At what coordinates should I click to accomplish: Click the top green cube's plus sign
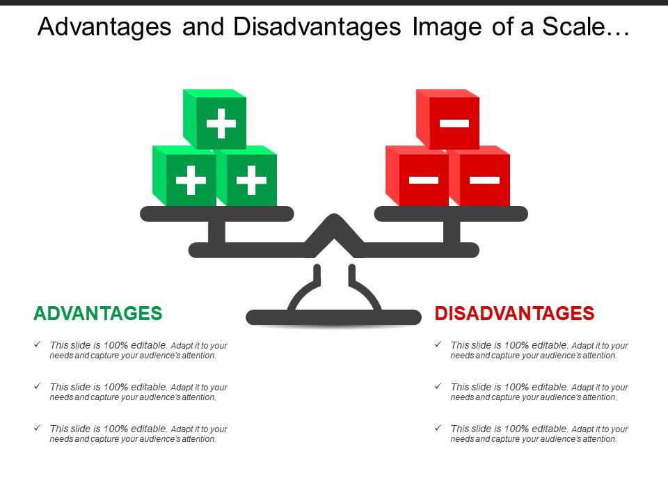(x=221, y=125)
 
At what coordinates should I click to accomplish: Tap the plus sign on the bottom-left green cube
(x=191, y=181)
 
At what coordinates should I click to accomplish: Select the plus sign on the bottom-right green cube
(x=251, y=181)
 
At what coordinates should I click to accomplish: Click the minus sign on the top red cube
(x=454, y=124)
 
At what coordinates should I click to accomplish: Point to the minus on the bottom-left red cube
(x=424, y=180)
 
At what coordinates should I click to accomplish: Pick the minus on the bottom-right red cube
(x=484, y=180)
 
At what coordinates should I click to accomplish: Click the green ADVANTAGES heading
(x=98, y=314)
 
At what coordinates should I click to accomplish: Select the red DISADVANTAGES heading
(x=514, y=314)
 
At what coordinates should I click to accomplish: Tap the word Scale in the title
(x=591, y=27)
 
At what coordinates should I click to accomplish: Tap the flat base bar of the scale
(x=334, y=318)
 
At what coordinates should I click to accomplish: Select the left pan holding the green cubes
(x=217, y=214)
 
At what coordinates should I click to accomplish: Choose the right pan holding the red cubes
(x=451, y=214)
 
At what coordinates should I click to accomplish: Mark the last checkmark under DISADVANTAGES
(x=437, y=429)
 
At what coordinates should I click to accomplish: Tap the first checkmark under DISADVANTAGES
(x=437, y=344)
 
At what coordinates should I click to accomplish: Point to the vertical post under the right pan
(x=452, y=232)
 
